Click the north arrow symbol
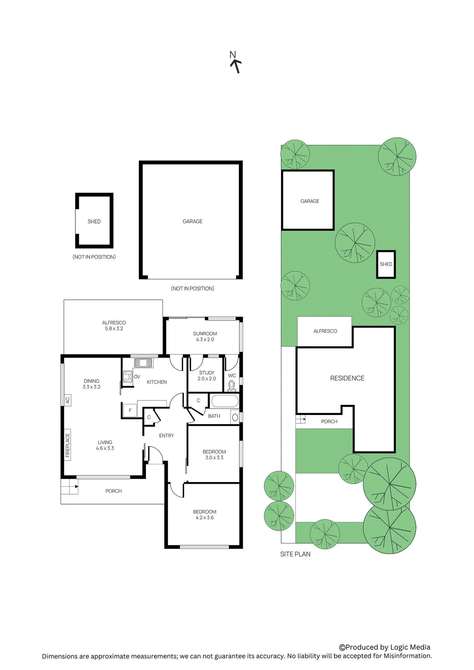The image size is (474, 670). click(236, 65)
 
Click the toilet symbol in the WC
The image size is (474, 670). click(232, 385)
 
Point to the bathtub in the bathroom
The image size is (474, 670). click(225, 401)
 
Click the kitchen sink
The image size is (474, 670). click(143, 363)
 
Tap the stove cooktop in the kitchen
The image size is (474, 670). click(128, 376)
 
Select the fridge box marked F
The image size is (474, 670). click(130, 410)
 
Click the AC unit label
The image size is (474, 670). click(68, 400)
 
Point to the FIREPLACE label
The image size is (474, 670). click(67, 445)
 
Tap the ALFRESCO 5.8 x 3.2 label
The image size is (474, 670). click(114, 326)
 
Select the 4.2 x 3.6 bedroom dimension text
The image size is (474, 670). click(205, 518)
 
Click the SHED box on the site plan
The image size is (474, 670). click(386, 264)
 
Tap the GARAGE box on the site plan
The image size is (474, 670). click(308, 200)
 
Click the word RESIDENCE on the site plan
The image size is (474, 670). click(347, 378)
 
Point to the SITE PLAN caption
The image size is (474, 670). click(295, 554)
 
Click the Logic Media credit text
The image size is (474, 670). click(385, 647)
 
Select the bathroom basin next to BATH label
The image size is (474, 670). click(235, 417)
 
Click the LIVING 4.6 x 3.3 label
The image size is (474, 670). click(105, 445)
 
